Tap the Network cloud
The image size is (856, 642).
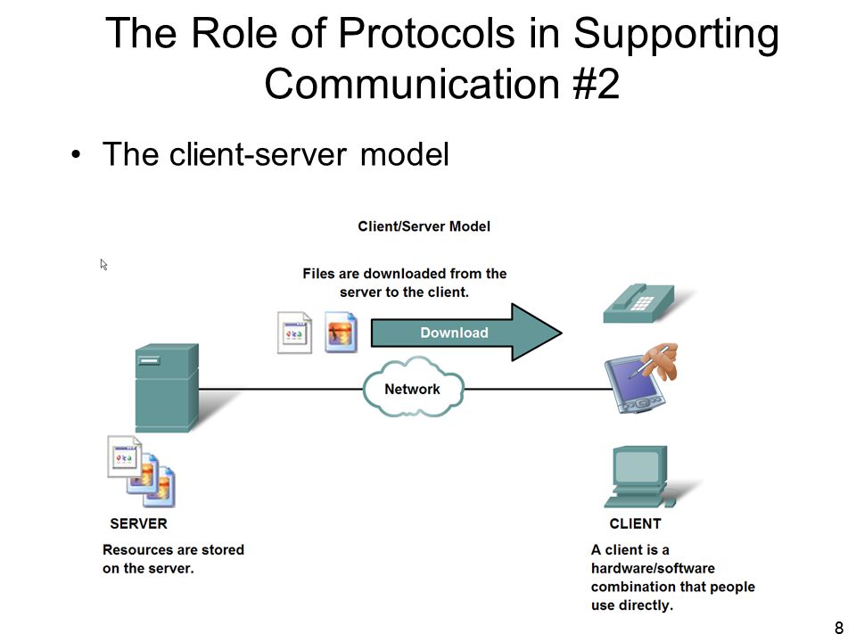(x=413, y=388)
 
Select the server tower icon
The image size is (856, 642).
(x=167, y=388)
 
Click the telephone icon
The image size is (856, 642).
(x=638, y=303)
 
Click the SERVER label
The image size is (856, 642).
(x=139, y=523)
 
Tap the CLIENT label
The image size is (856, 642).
(x=635, y=523)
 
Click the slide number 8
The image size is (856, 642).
(x=839, y=628)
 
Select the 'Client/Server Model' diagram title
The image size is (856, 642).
(x=424, y=226)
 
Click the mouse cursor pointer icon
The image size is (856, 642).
(x=103, y=265)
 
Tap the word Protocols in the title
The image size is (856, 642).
(x=426, y=33)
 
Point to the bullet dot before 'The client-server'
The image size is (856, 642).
(x=76, y=154)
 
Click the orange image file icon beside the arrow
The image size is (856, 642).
(x=342, y=332)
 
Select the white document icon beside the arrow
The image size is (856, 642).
(x=295, y=333)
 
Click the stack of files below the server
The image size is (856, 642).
(x=142, y=471)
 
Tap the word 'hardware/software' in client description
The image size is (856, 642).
(x=653, y=568)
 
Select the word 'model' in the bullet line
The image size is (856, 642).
(x=405, y=154)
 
